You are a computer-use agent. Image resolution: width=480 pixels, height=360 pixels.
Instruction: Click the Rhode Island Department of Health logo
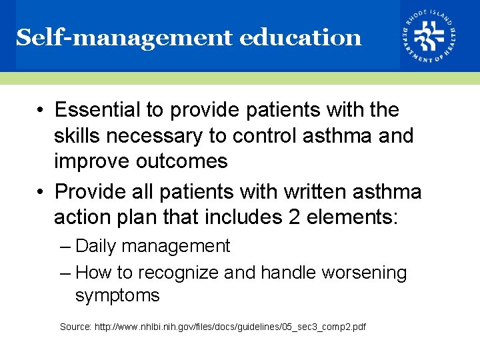pyautogui.click(x=429, y=36)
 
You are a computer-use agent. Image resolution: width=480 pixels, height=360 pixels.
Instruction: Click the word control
pyautogui.click(x=265, y=135)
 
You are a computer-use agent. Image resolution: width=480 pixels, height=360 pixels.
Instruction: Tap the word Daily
pyautogui.click(x=97, y=246)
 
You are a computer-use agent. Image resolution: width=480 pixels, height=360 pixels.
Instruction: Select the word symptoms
pyautogui.click(x=117, y=295)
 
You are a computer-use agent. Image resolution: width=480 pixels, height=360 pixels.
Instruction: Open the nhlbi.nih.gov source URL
pyautogui.click(x=231, y=327)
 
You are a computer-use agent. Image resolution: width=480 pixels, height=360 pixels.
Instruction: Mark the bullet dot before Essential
pyautogui.click(x=41, y=110)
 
